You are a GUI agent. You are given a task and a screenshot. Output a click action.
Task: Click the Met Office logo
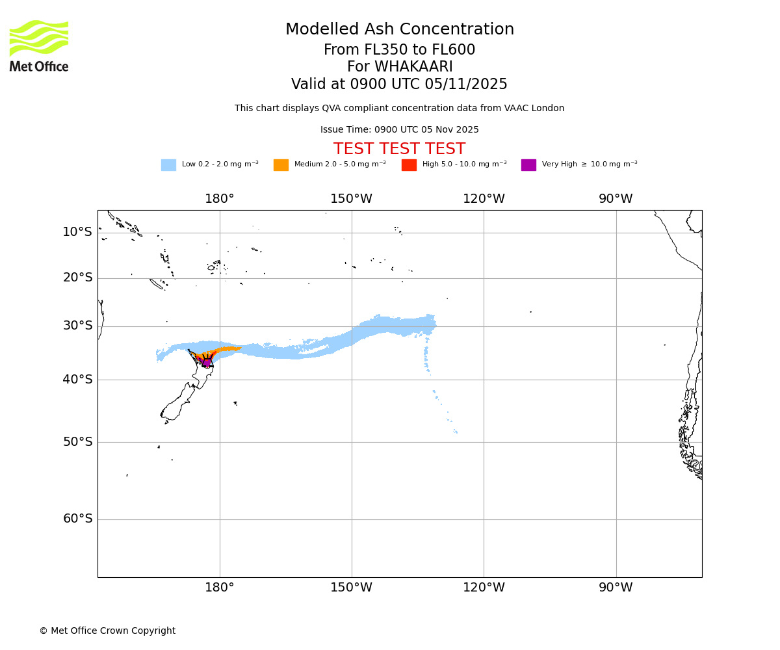tap(39, 45)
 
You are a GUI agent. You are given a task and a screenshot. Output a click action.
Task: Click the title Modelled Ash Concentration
tap(400, 30)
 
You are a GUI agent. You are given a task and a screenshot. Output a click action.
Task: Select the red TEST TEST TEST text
tap(399, 149)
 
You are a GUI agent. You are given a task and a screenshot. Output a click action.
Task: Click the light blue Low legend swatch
tap(168, 165)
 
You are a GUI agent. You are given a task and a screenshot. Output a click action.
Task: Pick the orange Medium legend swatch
tap(281, 165)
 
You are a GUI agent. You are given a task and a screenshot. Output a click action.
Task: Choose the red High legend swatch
tap(409, 165)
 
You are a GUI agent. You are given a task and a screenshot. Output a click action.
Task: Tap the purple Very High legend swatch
tap(528, 165)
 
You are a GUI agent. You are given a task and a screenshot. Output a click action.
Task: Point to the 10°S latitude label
tap(77, 232)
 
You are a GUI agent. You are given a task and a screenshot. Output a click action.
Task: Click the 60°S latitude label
tap(77, 519)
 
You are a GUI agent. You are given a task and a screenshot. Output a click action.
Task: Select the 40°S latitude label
tap(77, 380)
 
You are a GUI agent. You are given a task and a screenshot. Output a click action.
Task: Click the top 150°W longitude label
tap(351, 199)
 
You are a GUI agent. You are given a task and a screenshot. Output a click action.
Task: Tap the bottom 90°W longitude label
tap(616, 588)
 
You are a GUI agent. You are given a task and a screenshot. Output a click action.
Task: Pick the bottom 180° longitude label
tap(220, 588)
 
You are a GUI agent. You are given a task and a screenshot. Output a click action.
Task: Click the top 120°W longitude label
tap(484, 199)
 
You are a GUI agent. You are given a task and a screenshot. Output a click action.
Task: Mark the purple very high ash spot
tap(207, 363)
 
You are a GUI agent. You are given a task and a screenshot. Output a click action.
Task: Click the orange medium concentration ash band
tap(227, 350)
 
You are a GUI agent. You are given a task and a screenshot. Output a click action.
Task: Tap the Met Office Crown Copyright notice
tap(107, 631)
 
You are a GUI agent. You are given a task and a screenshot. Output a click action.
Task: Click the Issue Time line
tap(399, 130)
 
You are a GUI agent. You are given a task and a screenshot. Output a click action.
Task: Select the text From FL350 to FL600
tap(399, 50)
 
